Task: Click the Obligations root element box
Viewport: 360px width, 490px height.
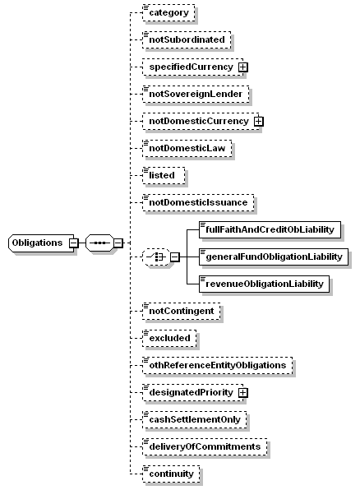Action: coord(41,243)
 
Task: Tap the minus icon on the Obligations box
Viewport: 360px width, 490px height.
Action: coord(73,243)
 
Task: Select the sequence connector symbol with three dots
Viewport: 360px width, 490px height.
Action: coord(99,243)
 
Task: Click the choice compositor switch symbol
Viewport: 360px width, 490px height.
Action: coord(156,257)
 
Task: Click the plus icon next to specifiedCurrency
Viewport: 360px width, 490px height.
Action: coord(242,67)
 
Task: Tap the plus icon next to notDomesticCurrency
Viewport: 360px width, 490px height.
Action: coord(258,121)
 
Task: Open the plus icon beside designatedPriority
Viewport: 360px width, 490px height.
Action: coord(242,393)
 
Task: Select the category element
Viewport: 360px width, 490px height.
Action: coord(168,13)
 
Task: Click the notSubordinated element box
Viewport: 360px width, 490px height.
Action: coord(187,40)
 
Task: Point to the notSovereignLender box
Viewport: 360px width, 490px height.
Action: coord(196,94)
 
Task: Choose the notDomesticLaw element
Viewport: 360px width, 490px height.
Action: coord(187,149)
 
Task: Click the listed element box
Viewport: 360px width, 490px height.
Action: coord(164,176)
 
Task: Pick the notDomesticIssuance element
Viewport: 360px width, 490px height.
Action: coord(198,203)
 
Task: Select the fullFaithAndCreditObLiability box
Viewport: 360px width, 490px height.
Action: coord(270,229)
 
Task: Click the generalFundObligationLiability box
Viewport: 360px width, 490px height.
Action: coord(274,257)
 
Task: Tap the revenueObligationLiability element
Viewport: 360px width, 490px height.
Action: coord(265,284)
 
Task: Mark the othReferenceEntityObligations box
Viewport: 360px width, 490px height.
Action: coord(218,365)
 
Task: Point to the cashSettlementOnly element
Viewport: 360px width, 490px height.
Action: coord(195,419)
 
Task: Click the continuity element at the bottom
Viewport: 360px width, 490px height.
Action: coord(171,474)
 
